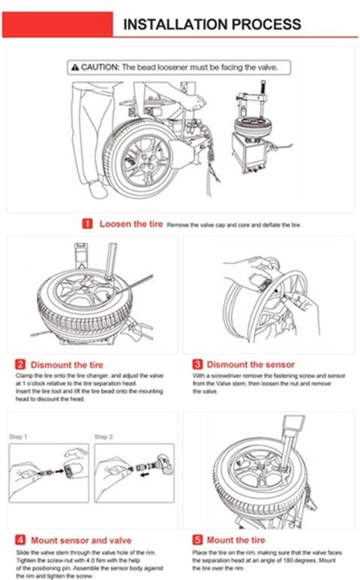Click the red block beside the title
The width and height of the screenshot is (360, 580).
tap(57, 24)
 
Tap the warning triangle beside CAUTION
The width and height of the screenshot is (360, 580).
tap(75, 67)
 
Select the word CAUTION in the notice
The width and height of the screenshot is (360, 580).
tap(100, 67)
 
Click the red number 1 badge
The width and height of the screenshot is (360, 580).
tap(87, 224)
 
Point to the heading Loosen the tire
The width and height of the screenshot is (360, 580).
tap(131, 224)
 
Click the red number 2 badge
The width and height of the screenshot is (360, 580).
tap(20, 365)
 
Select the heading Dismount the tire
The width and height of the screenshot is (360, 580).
tap(67, 365)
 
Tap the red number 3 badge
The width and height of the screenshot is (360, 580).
tap(197, 365)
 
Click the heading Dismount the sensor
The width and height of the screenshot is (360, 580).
tap(251, 365)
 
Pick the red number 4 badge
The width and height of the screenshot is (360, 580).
tap(20, 539)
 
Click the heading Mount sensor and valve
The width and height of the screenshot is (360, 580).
tap(81, 540)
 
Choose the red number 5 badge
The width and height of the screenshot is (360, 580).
tap(197, 539)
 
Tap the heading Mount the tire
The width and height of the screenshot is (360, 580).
tap(236, 540)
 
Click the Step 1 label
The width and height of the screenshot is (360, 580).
tap(18, 437)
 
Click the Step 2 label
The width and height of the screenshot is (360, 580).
tap(104, 437)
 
